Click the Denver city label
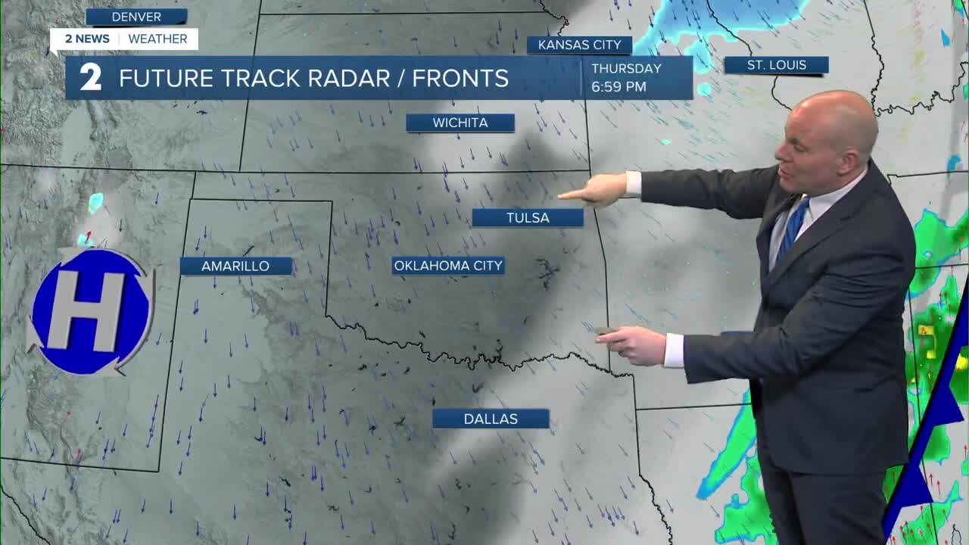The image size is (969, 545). pyautogui.click(x=136, y=17)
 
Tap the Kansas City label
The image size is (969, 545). pyautogui.click(x=579, y=45)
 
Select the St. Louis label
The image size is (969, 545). pyautogui.click(x=776, y=65)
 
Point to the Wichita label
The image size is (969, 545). pyautogui.click(x=460, y=123)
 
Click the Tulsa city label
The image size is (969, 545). pyautogui.click(x=528, y=218)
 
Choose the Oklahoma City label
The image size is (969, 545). pyautogui.click(x=448, y=266)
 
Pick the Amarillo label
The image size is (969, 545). pyautogui.click(x=235, y=266)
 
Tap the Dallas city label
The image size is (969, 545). pyautogui.click(x=491, y=419)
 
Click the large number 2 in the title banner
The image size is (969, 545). pyautogui.click(x=91, y=78)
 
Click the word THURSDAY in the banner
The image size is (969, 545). pyautogui.click(x=626, y=69)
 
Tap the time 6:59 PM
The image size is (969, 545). pyautogui.click(x=618, y=87)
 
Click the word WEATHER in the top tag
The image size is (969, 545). pyautogui.click(x=157, y=39)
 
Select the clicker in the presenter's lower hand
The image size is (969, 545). pyautogui.click(x=606, y=331)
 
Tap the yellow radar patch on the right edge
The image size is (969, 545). pyautogui.click(x=926, y=330)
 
